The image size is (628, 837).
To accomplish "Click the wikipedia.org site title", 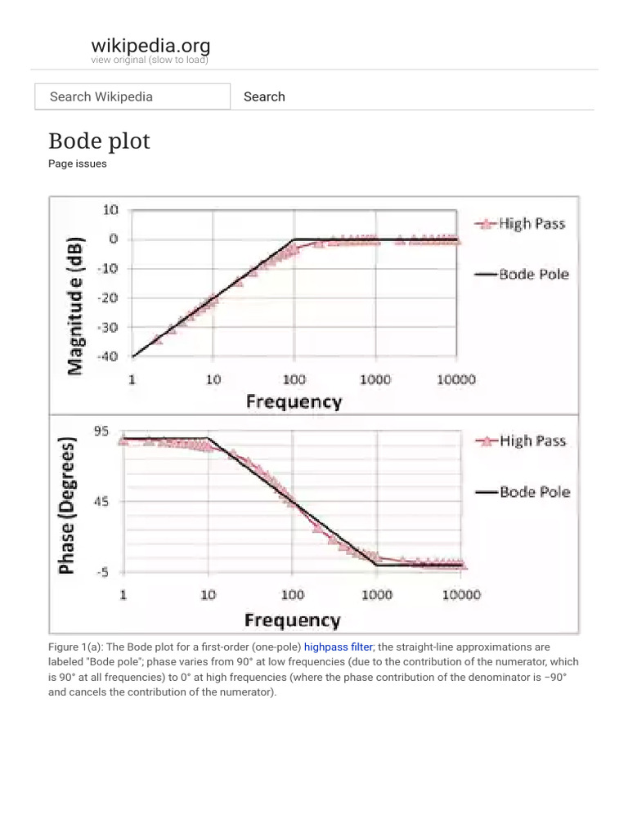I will point(150,45).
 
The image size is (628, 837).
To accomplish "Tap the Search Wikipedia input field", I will point(132,96).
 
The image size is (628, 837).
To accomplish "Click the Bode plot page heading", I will point(100,141).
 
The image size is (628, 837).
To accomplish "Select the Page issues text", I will point(78,163).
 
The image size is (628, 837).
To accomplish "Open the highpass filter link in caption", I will point(339,647).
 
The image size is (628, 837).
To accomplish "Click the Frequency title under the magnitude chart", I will point(294,401).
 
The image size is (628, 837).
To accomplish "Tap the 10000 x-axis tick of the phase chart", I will point(461,595).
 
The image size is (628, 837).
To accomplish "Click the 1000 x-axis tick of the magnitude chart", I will point(375,380).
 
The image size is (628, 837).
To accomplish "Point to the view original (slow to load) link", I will point(150,60).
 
